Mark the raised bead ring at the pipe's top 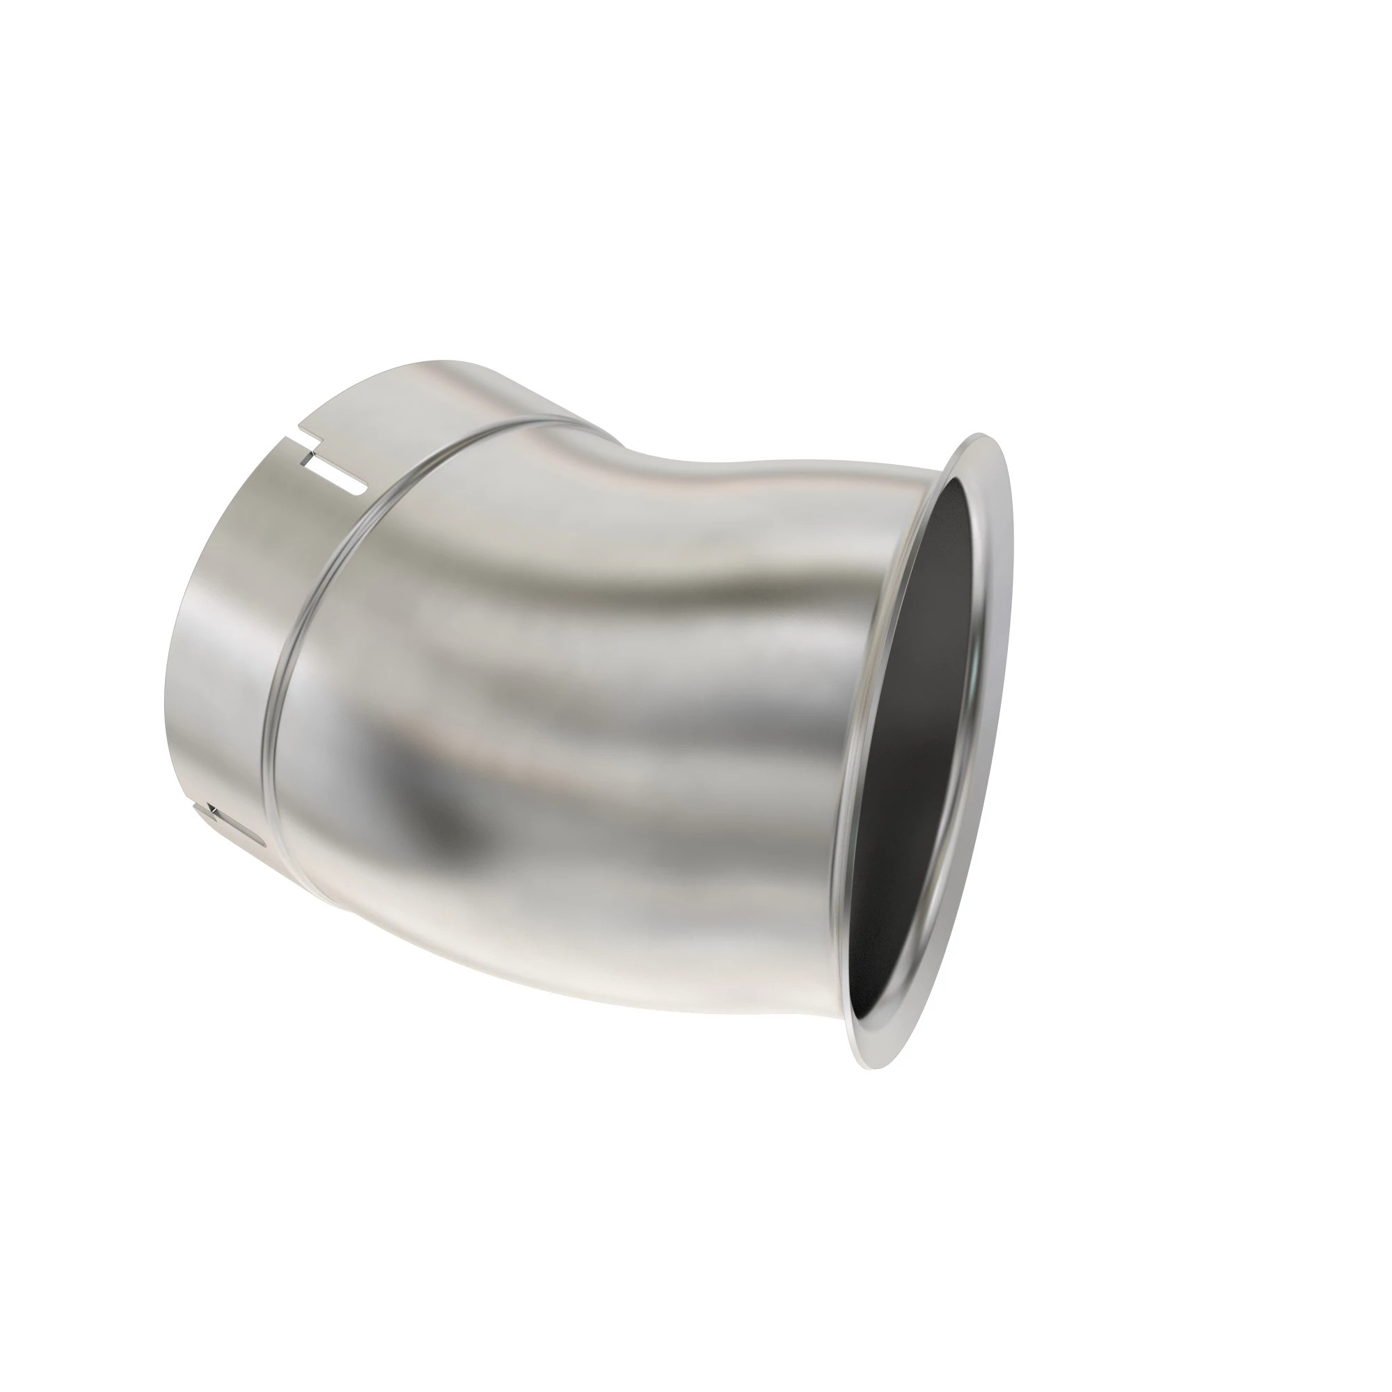(x=505, y=425)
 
